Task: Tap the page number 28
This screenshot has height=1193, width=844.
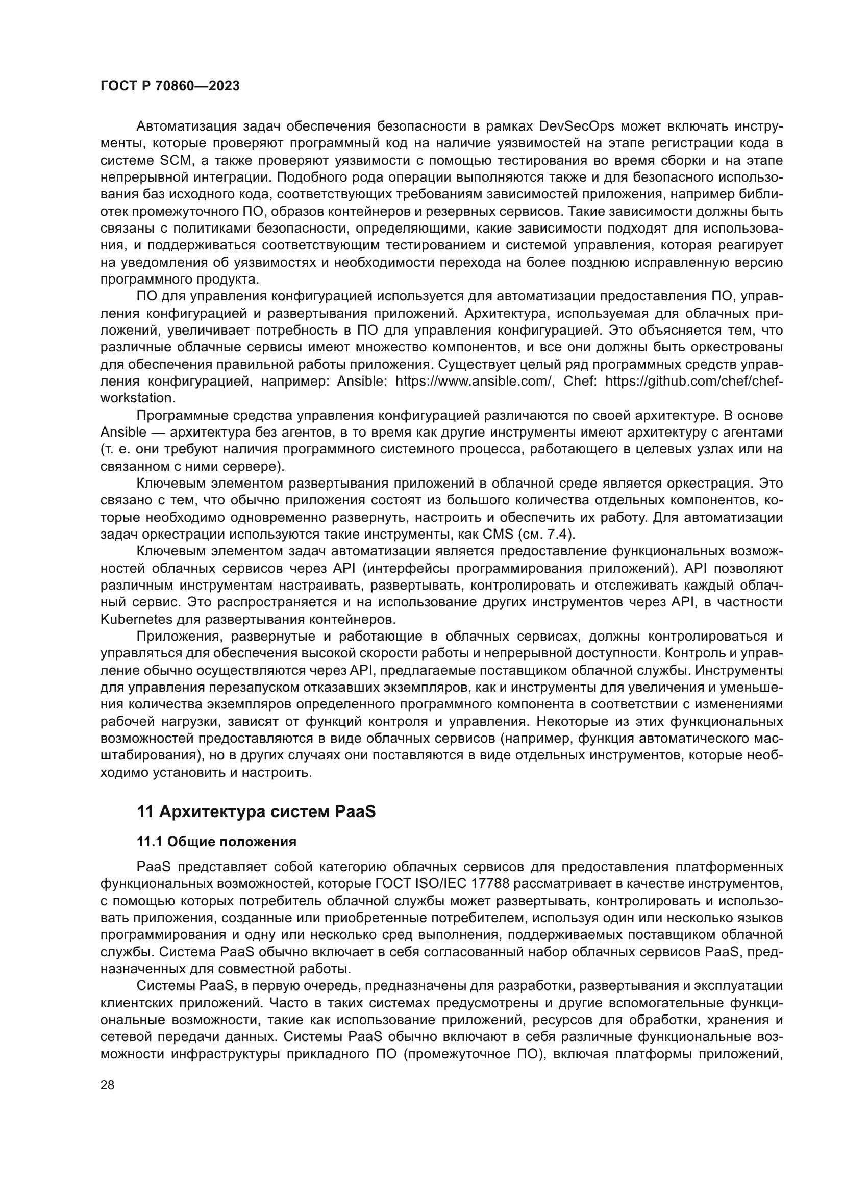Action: click(107, 1085)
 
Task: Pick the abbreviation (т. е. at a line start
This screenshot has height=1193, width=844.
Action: click(114, 449)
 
